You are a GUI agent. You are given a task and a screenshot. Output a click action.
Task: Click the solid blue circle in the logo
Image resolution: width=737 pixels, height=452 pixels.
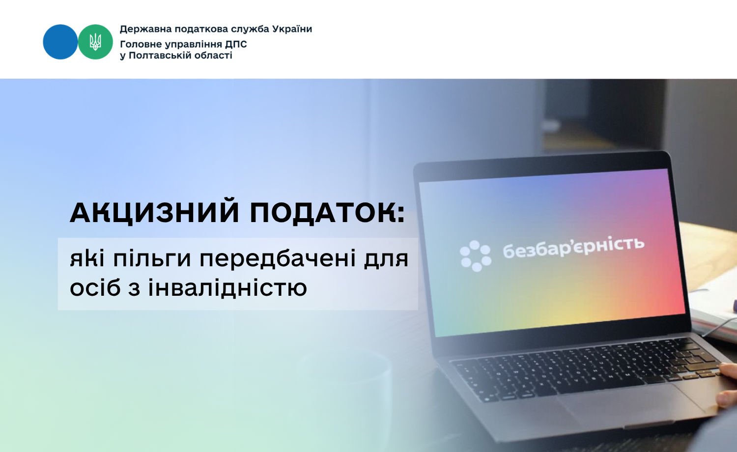(60, 42)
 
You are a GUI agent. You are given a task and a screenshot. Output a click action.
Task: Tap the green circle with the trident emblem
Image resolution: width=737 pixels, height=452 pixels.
(95, 42)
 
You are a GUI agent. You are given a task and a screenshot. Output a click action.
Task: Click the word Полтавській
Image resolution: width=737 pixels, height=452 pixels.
(160, 55)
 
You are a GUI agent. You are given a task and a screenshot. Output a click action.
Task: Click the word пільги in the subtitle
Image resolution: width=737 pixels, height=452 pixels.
(152, 259)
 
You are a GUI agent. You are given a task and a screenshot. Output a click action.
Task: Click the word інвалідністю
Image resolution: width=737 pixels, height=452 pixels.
(227, 287)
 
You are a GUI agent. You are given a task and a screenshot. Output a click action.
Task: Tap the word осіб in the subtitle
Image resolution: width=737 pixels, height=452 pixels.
(95, 287)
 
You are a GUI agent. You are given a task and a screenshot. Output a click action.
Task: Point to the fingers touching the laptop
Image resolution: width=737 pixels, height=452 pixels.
(727, 385)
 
